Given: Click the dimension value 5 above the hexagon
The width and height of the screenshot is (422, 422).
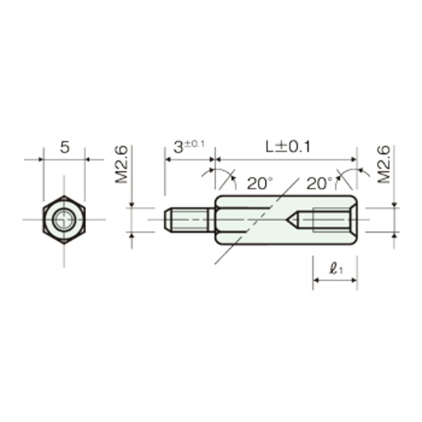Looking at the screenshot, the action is [64, 147].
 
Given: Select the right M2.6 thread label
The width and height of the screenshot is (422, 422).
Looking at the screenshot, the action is [384, 164].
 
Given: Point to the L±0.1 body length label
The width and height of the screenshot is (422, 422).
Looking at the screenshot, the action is [288, 147].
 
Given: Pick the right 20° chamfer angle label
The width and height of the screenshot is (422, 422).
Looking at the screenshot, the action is [319, 183].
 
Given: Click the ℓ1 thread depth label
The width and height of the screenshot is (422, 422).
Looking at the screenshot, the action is [336, 269].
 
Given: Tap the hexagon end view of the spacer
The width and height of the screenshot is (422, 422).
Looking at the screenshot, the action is [64, 219].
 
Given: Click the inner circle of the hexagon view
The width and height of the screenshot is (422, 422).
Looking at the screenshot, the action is [64, 219].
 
